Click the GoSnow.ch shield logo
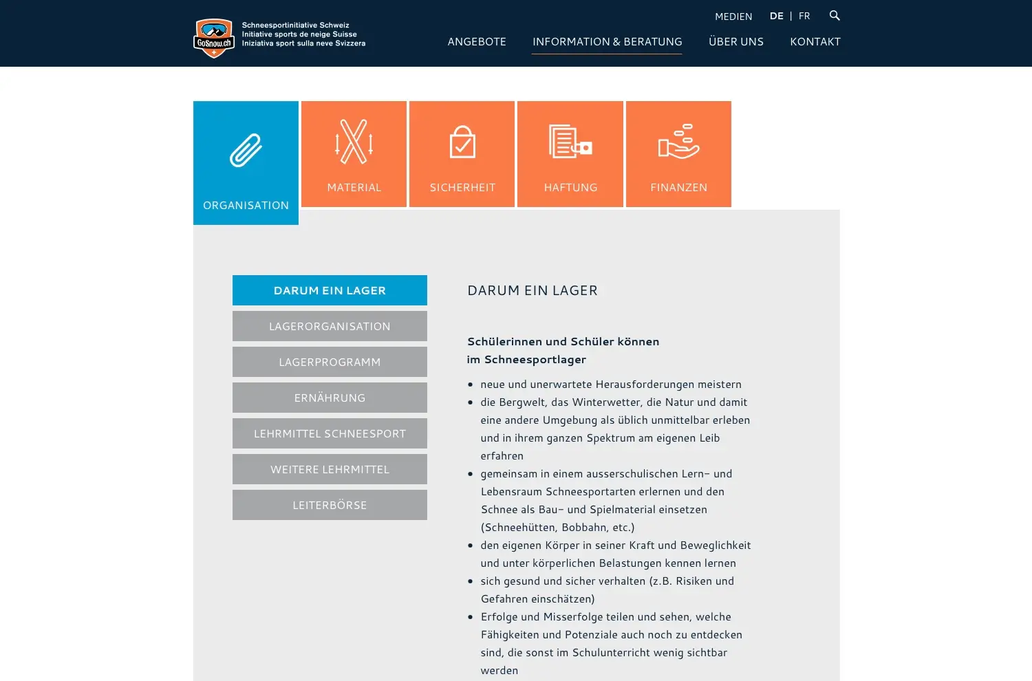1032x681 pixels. point(214,38)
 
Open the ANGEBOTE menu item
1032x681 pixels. point(477,42)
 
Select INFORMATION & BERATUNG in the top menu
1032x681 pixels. point(607,42)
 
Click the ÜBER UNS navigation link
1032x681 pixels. point(735,42)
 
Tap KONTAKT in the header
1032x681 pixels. point(815,42)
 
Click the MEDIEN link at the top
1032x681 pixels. point(733,17)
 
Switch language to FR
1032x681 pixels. point(804,16)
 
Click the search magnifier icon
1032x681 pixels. point(835,15)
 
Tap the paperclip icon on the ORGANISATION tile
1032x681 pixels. point(246,150)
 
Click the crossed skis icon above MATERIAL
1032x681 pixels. point(354,142)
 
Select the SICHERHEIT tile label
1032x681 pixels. point(462,188)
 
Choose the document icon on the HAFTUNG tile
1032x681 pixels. point(570,141)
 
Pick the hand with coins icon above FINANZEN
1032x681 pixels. point(678,142)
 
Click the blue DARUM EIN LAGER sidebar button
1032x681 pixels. point(330,290)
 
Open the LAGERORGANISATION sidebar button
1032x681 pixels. point(330,326)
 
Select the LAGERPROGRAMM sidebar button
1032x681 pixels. point(330,362)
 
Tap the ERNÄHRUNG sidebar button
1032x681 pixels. point(330,398)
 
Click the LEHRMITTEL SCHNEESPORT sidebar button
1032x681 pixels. point(330,433)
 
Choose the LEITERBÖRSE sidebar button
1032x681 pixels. point(330,505)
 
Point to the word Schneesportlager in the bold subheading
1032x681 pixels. point(535,360)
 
